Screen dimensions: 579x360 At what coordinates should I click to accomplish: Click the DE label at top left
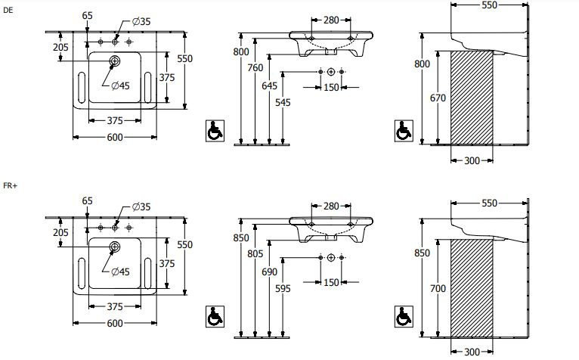[x=8, y=11]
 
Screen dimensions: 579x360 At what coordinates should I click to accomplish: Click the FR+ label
[x=11, y=185]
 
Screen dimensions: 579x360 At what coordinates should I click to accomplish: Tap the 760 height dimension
[x=255, y=67]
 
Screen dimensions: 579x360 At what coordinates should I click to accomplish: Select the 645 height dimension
[x=269, y=85]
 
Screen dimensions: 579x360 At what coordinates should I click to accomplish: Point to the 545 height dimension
[x=283, y=102]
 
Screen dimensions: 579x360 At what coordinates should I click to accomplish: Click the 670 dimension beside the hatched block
[x=438, y=98]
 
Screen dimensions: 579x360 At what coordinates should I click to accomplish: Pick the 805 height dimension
[x=255, y=253]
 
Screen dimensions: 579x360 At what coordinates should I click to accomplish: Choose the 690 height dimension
[x=269, y=272]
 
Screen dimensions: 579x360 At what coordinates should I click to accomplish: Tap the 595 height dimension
[x=283, y=288]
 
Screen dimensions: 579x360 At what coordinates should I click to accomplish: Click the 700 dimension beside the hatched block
[x=438, y=288]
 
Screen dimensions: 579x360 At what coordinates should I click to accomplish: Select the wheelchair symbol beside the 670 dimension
[x=404, y=131]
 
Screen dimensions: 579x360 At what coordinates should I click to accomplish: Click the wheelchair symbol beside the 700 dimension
[x=404, y=317]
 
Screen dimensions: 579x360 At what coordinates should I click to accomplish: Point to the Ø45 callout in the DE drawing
[x=120, y=85]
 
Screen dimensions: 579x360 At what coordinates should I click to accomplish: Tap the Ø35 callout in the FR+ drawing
[x=141, y=206]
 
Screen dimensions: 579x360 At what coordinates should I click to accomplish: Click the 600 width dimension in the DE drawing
[x=115, y=137]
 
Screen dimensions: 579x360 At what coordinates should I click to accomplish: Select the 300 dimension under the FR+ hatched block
[x=472, y=352]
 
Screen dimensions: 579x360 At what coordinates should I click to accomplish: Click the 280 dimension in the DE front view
[x=331, y=20]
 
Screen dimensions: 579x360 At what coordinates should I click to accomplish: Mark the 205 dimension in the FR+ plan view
[x=60, y=232]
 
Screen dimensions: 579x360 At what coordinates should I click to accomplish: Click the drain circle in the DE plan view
[x=115, y=61]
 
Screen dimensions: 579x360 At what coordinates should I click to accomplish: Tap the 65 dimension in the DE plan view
[x=87, y=16]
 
